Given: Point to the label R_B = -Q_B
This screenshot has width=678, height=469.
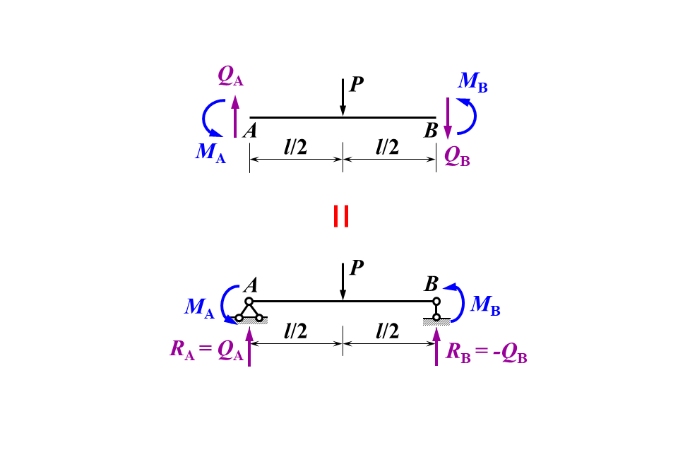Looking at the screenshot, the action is coord(487,351).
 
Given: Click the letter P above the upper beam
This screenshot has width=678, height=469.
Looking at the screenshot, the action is coord(357,85).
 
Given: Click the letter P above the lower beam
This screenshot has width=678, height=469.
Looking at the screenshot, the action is coord(357,268).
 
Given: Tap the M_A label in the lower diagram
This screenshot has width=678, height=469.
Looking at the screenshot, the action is coord(199,307).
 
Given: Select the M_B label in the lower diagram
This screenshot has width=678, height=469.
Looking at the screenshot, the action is coord(485,305).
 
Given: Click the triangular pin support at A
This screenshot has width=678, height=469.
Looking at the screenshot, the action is coord(249,311).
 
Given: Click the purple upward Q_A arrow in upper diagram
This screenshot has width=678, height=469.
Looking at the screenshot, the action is coord(235,117).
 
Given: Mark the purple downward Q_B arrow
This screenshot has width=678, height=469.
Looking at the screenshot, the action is coord(447,117).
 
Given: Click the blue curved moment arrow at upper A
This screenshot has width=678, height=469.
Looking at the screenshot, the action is coord(209,117).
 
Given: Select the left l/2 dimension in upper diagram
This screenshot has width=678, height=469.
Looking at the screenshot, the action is coord(297,148).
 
